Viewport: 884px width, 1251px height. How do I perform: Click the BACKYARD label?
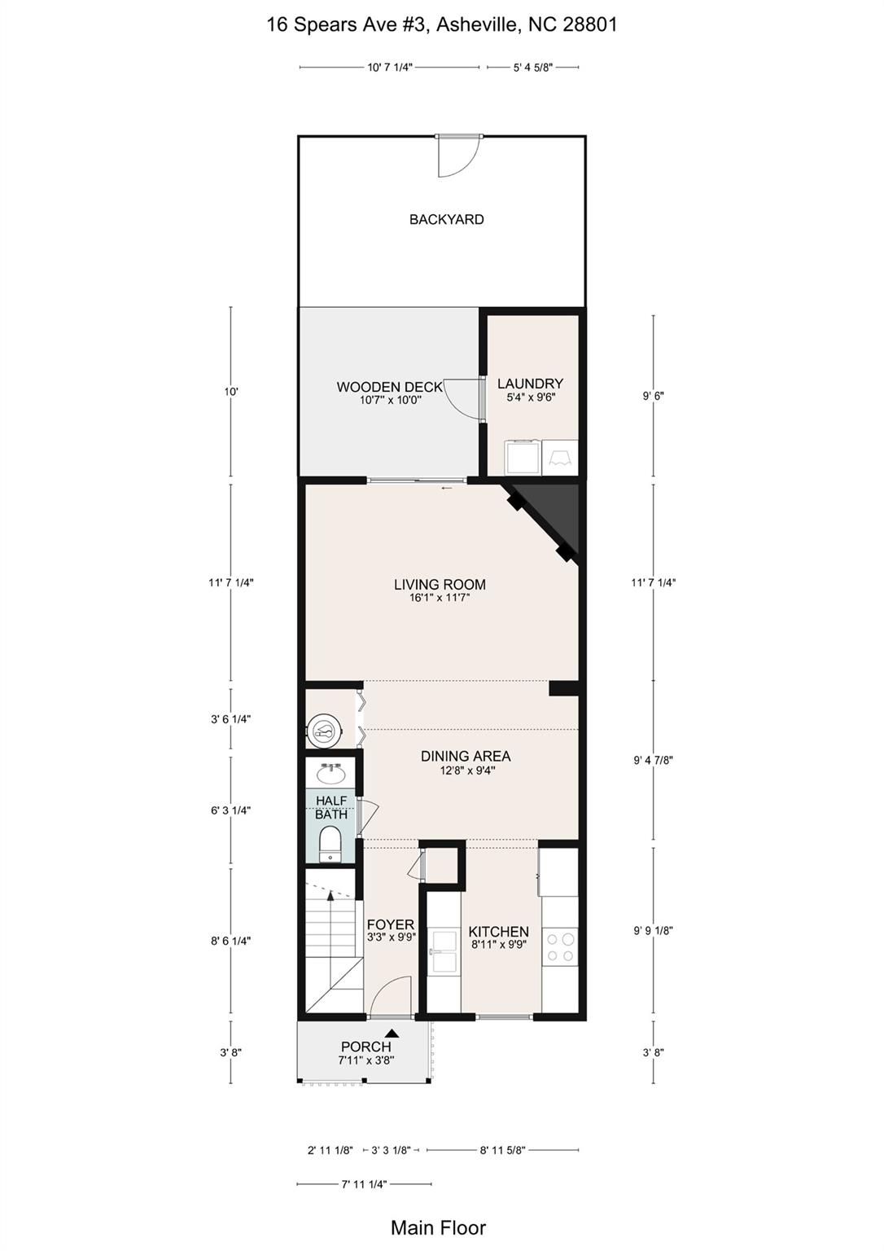(x=446, y=219)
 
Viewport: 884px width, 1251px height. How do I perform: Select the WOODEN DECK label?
(x=389, y=387)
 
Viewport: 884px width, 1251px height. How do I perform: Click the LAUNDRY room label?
(x=530, y=383)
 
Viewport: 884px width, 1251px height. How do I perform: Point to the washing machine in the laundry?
(x=523, y=458)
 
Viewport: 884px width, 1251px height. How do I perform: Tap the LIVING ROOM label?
(x=440, y=584)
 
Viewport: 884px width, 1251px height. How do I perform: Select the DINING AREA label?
(x=466, y=756)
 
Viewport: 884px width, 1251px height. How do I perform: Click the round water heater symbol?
(x=324, y=730)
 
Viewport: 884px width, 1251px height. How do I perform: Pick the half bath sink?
(x=331, y=774)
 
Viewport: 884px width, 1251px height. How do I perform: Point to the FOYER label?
(x=391, y=924)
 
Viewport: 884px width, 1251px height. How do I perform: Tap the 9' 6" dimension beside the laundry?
(x=654, y=395)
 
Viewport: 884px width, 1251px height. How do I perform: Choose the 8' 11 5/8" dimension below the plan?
(x=503, y=1150)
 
